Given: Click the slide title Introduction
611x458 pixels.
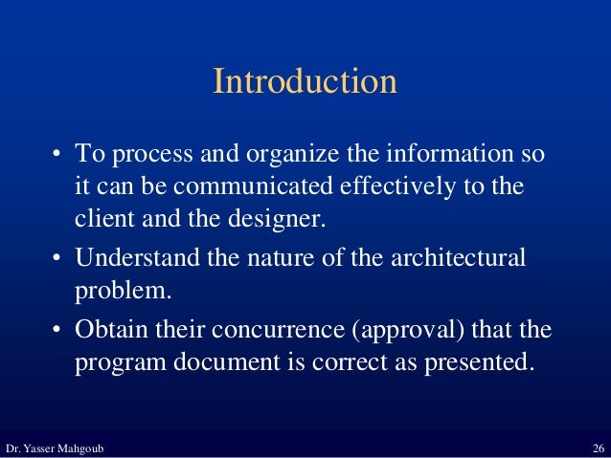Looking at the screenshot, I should click(305, 82).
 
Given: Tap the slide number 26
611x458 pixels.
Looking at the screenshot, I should click(599, 448).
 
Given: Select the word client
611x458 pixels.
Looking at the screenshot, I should click(102, 217).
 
